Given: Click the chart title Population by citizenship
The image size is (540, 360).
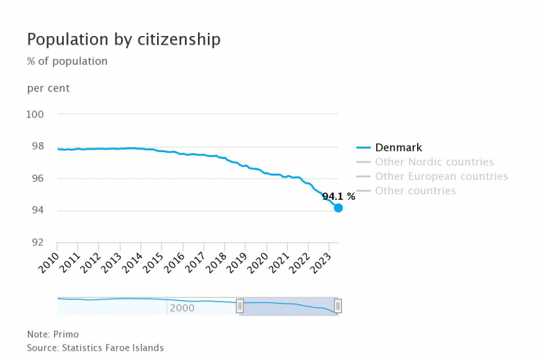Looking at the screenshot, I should (x=124, y=40).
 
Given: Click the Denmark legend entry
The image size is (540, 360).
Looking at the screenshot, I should (x=398, y=148).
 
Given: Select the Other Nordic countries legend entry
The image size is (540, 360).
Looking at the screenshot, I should (x=434, y=162).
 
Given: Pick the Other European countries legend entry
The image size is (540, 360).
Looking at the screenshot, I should (x=441, y=176).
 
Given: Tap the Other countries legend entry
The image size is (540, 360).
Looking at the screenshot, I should (x=415, y=191).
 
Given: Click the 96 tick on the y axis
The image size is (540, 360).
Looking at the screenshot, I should (x=37, y=179).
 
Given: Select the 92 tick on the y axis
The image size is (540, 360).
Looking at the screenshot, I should (x=37, y=243).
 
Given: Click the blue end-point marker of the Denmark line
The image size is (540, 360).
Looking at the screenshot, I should (x=338, y=208).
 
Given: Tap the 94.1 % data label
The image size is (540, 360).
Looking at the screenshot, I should (x=338, y=197).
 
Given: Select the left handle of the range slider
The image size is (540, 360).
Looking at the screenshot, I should (x=240, y=305).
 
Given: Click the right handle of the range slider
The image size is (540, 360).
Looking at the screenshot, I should (x=338, y=305).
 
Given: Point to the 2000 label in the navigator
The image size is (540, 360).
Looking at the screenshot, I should (x=182, y=308).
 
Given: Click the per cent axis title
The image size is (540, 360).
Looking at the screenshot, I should (x=48, y=88).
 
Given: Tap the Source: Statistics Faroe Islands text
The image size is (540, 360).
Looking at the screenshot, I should (x=95, y=348).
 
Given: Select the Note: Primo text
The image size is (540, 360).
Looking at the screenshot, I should (x=53, y=334).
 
